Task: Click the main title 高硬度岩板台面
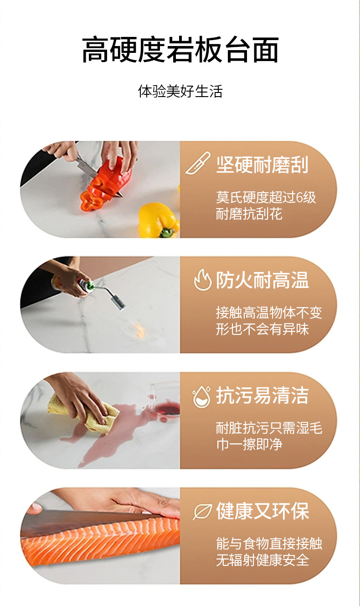180,50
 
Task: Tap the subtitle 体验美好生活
180,91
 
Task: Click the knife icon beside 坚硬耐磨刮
198,163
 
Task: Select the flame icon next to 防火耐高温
203,280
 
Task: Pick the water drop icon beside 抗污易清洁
201,396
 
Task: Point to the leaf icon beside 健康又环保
202,512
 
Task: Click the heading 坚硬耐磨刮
262,164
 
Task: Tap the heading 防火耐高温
262,280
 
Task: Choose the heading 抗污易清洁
262,395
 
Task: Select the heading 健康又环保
262,511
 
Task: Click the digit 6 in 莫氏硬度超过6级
299,197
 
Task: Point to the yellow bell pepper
159,221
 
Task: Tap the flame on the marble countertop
140,329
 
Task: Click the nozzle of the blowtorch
119,303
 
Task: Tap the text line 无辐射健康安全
262,560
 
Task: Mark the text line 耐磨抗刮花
249,214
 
